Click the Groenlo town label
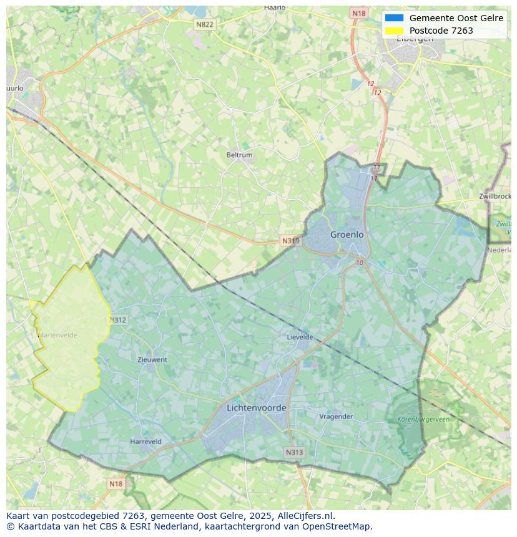pyautogui.click(x=347, y=235)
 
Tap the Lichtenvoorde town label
pyautogui.click(x=257, y=408)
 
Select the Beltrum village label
pyautogui.click(x=239, y=155)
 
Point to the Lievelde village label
pyautogui.click(x=300, y=337)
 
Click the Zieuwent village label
pyautogui.click(x=152, y=360)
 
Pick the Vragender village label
pyautogui.click(x=336, y=417)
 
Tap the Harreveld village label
pyautogui.click(x=145, y=442)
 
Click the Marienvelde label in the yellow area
pyautogui.click(x=57, y=335)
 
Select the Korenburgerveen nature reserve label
pyautogui.click(x=423, y=419)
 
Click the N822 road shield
pyautogui.click(x=204, y=24)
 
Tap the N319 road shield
pyautogui.click(x=290, y=241)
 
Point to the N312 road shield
pyautogui.click(x=118, y=320)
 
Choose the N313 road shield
pyautogui.click(x=294, y=453)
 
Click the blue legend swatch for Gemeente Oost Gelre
pyautogui.click(x=395, y=18)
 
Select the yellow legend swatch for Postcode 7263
pyautogui.click(x=395, y=31)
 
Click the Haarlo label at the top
pyautogui.click(x=275, y=7)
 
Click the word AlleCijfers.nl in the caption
pyautogui.click(x=306, y=516)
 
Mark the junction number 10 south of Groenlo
pyautogui.click(x=360, y=263)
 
